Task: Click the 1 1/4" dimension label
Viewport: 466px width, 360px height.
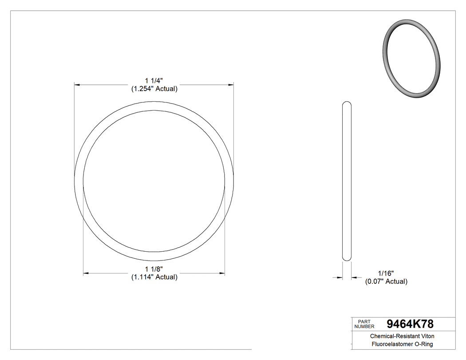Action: (154, 81)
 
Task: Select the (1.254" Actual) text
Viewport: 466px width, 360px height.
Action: (154, 89)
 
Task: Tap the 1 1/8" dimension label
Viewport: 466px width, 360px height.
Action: (154, 269)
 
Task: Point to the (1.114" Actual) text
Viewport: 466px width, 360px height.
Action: (154, 277)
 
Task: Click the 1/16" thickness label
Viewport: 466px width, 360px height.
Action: (386, 273)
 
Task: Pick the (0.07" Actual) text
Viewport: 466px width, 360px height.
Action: (386, 281)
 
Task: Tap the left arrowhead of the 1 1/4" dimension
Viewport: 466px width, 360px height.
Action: (77, 84)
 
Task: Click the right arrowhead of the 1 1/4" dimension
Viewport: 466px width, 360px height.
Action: (231, 84)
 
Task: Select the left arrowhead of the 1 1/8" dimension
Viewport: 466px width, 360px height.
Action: (87, 273)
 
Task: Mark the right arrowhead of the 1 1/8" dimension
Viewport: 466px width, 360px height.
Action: (221, 273)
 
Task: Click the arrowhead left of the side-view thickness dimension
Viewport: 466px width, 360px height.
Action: (339, 278)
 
